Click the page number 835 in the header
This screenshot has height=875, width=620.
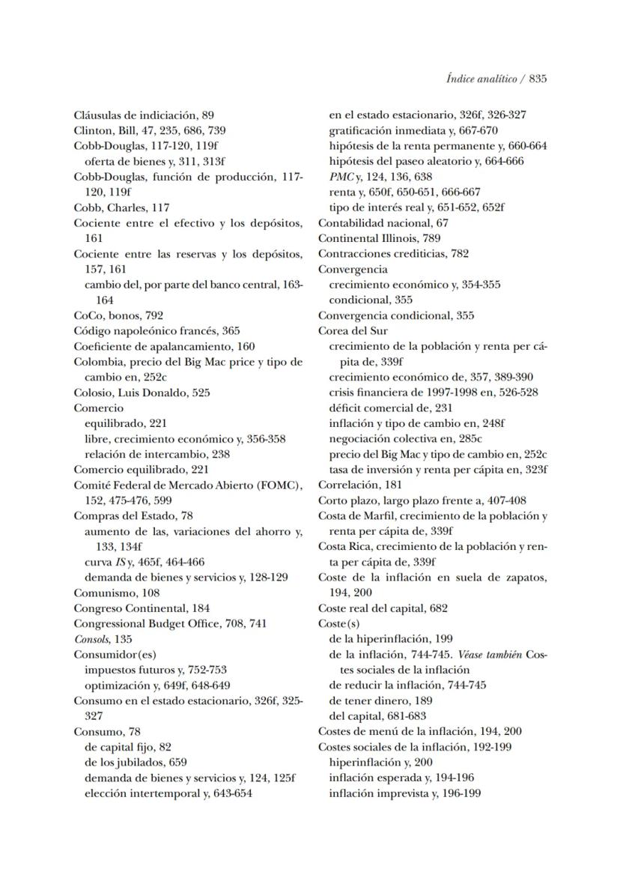[x=537, y=79]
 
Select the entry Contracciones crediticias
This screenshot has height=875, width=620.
[x=382, y=253]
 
